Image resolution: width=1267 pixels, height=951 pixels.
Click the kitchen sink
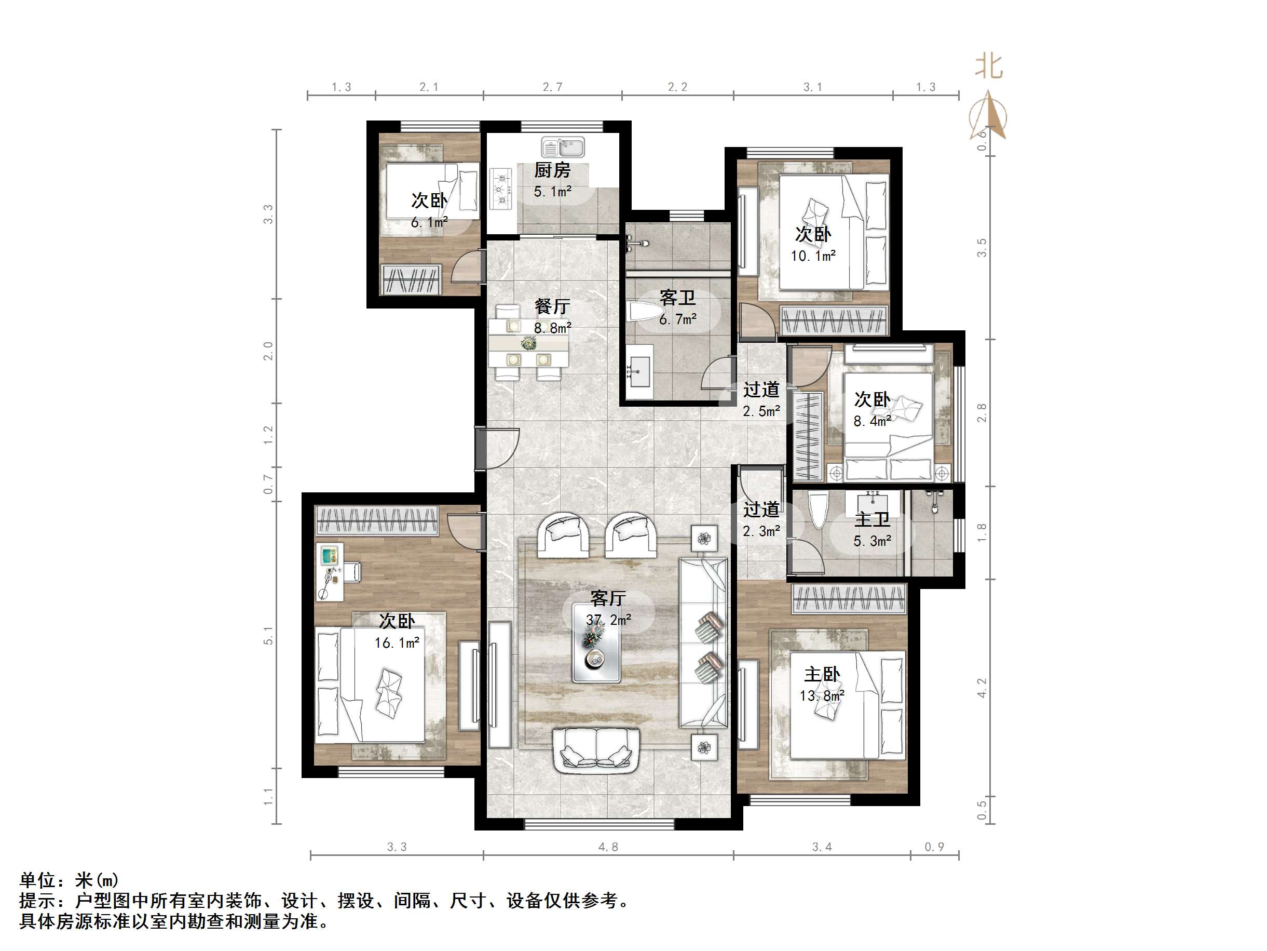(563, 148)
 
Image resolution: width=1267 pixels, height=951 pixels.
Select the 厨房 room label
(552, 171)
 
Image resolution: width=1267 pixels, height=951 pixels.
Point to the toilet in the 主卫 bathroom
(818, 510)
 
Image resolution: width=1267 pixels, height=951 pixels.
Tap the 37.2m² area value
(608, 620)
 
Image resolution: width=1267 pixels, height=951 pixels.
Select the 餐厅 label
(552, 306)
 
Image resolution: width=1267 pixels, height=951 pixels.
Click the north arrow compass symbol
(989, 115)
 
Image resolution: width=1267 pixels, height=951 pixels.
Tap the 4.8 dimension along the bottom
(608, 847)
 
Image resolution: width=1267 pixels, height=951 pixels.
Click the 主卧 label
(822, 675)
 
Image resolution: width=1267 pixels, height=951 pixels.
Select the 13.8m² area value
(822, 696)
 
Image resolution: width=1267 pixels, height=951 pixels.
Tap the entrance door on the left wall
(496, 449)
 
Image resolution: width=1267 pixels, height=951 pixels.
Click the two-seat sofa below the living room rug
(596, 750)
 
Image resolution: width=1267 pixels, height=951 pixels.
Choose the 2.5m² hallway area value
(762, 411)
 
